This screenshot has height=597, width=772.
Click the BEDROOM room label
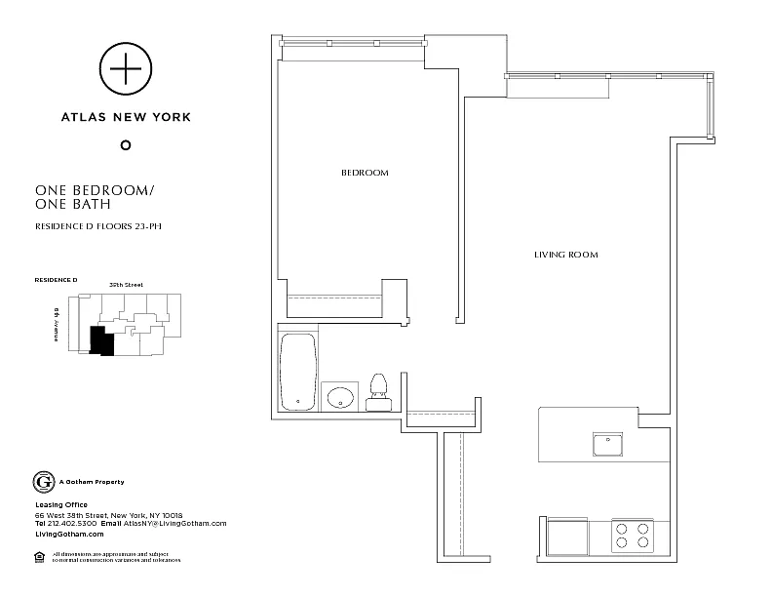[x=365, y=173]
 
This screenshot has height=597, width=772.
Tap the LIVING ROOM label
[x=565, y=255]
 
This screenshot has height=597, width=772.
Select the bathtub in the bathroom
[x=298, y=373]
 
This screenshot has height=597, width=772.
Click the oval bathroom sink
[x=340, y=396]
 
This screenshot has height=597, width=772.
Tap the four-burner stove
[x=631, y=537]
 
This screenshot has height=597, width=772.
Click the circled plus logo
[x=124, y=68]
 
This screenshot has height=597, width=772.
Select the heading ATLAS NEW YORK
[x=125, y=117]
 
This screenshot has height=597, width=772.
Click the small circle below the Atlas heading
[x=124, y=145]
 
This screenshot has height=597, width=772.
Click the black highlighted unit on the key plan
[x=99, y=340]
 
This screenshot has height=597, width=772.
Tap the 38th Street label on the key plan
[x=127, y=285]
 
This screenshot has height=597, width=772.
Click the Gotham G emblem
[x=43, y=482]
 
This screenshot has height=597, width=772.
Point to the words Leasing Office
[x=61, y=504]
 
